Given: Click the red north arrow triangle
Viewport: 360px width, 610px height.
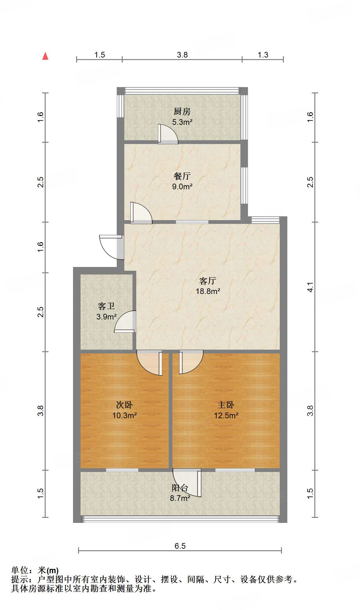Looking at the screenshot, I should click(45, 56).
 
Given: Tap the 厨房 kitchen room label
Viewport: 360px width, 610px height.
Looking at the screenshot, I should click(182, 111).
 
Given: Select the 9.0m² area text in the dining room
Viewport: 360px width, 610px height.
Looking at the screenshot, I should click(182, 186).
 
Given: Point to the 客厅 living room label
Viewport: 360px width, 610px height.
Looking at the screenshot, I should click(208, 280).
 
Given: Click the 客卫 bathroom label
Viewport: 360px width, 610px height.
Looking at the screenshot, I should click(106, 306).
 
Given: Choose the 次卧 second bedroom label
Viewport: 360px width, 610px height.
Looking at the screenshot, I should click(124, 405).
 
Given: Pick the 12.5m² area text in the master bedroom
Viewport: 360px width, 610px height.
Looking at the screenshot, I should click(226, 415).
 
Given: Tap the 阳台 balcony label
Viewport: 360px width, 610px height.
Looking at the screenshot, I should click(180, 488).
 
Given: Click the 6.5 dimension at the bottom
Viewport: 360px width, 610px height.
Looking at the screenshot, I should click(180, 546).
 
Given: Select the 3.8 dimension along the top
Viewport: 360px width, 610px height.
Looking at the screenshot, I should click(182, 55).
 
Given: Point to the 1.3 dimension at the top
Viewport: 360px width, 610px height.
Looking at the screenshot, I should click(263, 55).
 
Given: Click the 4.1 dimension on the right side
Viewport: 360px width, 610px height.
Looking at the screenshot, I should click(310, 287).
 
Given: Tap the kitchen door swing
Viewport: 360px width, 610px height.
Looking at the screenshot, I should click(168, 134).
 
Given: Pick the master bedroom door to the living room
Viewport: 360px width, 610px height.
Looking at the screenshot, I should click(191, 362).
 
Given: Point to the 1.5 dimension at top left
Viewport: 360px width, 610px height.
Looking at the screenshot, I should click(99, 55).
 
